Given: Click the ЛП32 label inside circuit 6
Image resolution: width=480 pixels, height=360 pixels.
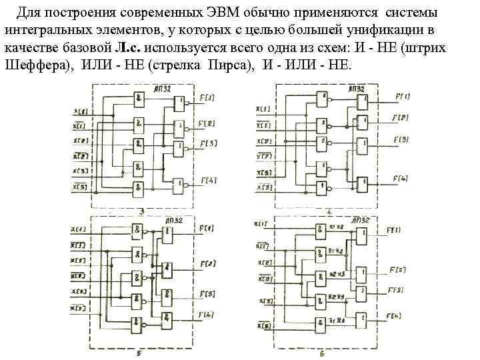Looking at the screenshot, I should (360, 220).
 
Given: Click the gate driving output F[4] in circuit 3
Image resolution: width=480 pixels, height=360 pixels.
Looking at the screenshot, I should (179, 183).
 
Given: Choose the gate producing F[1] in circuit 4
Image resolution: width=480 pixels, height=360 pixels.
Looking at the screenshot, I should (361, 101).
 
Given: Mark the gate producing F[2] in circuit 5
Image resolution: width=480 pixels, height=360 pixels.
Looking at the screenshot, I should (167, 269).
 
